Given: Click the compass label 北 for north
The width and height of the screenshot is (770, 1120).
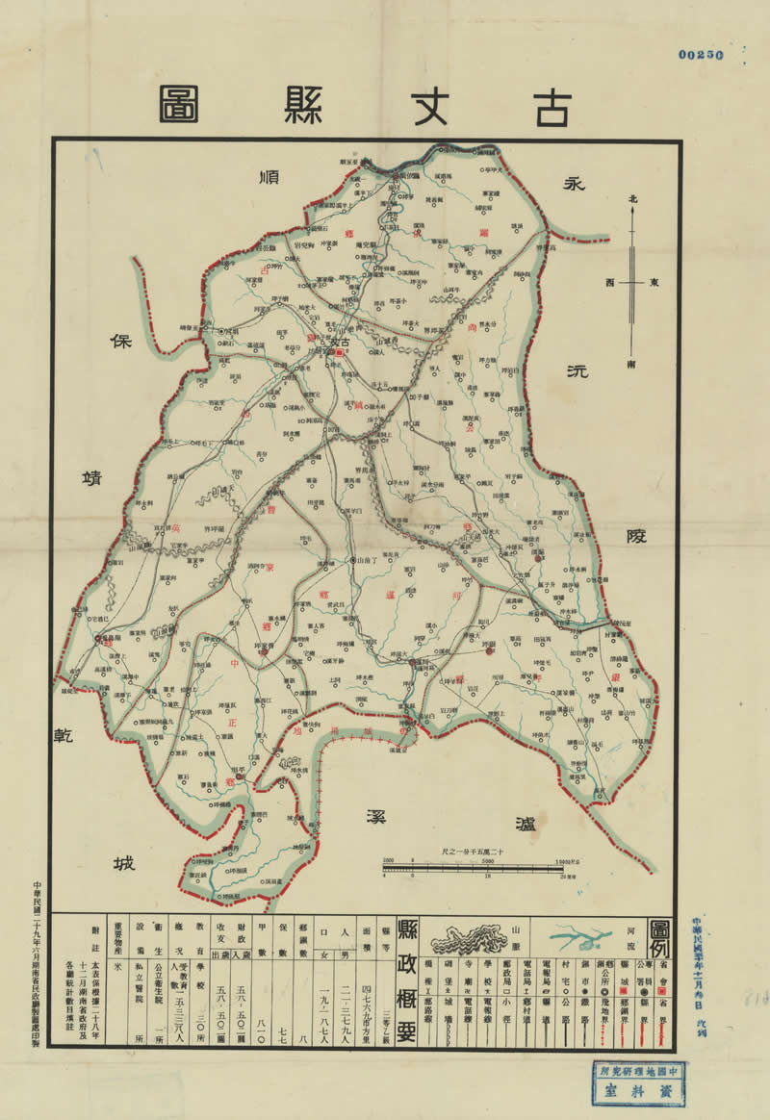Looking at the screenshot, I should (x=632, y=199).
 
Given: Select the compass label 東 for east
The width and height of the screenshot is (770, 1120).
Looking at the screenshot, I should (x=654, y=283).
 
